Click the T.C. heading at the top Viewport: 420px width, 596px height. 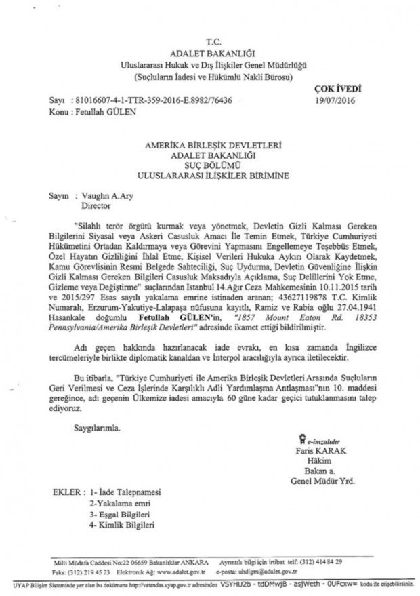[209, 42]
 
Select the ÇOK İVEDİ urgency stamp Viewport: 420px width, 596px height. [338, 89]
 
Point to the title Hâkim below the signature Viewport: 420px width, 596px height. [321, 461]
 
